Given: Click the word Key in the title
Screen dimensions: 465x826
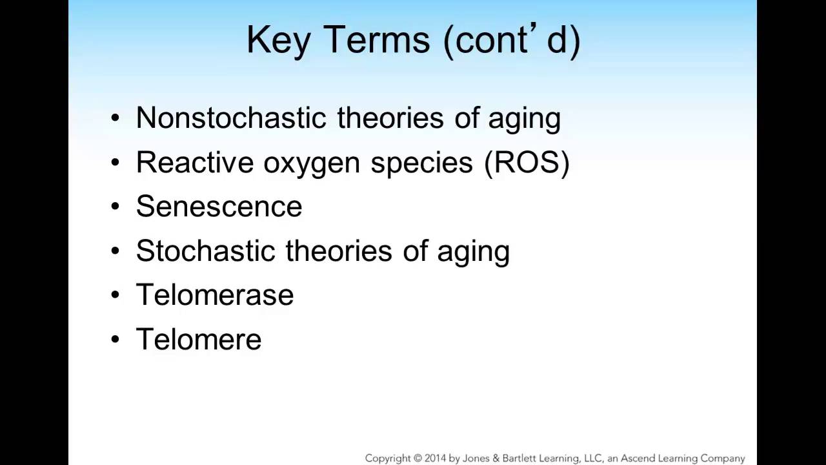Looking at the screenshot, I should coord(278,40).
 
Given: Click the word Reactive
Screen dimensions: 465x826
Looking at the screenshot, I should coord(194,163).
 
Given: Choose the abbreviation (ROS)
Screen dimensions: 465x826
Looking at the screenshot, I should coord(527,163).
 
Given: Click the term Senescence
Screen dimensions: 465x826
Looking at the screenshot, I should coord(219,207).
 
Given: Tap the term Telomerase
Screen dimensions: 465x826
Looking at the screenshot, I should coord(214,295).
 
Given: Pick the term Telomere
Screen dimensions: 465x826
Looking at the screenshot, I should coord(198,339).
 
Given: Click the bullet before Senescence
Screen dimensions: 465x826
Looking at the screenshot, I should coord(116,207).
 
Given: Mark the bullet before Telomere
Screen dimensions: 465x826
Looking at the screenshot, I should coord(116,339).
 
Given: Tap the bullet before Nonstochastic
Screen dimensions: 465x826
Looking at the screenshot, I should coord(116,118).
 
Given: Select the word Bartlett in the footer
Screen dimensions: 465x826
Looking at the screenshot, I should coord(513,458).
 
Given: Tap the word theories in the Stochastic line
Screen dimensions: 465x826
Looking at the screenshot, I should coord(339,251).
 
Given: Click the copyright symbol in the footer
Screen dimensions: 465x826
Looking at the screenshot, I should coord(419,458).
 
